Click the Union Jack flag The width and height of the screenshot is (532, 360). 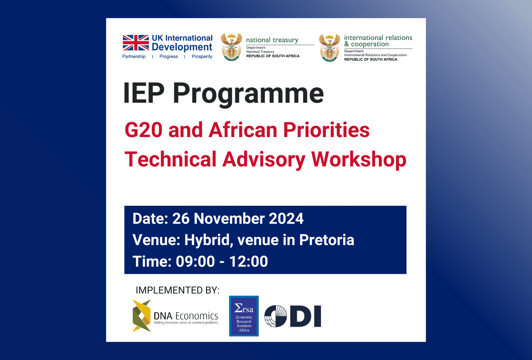click(x=136, y=43)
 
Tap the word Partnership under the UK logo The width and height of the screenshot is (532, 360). click(x=134, y=56)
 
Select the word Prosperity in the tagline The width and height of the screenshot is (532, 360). click(x=202, y=56)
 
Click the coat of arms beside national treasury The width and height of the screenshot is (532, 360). click(x=232, y=47)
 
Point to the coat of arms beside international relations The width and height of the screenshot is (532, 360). click(x=329, y=48)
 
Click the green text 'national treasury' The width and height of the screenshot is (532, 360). click(x=272, y=40)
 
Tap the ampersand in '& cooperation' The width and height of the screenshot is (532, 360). click(x=347, y=44)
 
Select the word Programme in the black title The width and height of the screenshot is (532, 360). click(x=249, y=94)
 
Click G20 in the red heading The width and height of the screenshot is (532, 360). click(x=144, y=130)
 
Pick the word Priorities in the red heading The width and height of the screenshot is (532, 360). click(x=326, y=130)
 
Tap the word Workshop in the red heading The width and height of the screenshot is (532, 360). click(x=359, y=160)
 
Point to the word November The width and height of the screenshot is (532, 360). click(x=229, y=218)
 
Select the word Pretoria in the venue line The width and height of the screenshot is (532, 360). click(x=327, y=240)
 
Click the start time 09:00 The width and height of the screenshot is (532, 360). click(x=195, y=261)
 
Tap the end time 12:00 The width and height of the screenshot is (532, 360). click(x=249, y=261)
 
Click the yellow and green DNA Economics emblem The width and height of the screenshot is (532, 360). click(x=142, y=316)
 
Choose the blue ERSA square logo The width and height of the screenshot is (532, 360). click(x=244, y=316)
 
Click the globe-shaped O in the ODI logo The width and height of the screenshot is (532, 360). click(x=276, y=316)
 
